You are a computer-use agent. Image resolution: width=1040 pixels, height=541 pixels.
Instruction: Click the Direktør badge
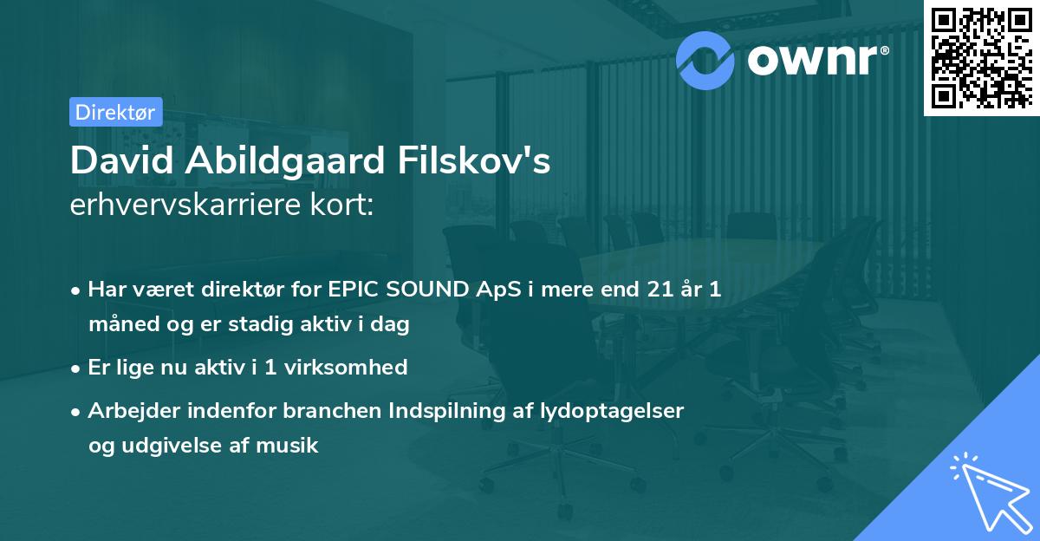115,112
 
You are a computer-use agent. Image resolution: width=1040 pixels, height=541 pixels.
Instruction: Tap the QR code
981,58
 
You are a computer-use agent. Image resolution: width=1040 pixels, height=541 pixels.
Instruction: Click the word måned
120,325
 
